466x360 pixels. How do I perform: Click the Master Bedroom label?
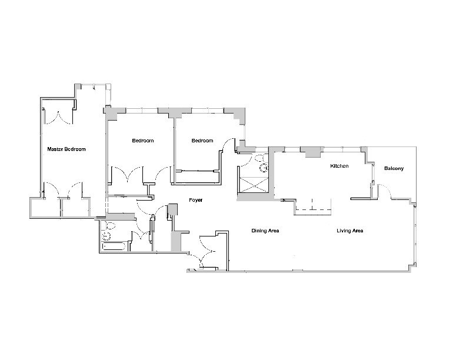coord(66,149)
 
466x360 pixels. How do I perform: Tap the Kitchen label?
coord(339,166)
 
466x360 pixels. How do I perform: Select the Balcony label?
coord(394,169)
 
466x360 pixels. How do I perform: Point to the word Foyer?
coord(195,201)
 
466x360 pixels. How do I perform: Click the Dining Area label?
coord(265,231)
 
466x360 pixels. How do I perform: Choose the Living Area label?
coord(349,231)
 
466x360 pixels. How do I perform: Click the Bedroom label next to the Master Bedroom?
coord(142,141)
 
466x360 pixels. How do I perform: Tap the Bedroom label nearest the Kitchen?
coord(202,141)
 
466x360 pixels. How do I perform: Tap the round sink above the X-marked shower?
coord(263,167)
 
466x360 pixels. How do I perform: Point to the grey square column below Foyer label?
coord(173,210)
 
